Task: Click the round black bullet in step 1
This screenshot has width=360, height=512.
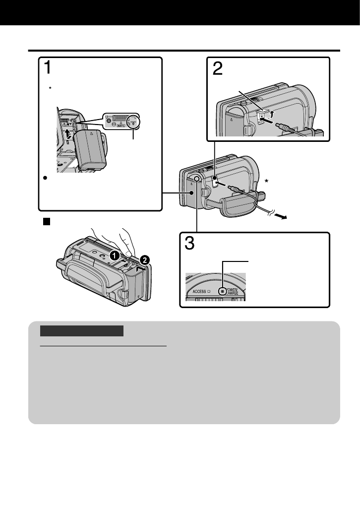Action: [x=44, y=177]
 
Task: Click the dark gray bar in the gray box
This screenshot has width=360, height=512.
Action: [x=81, y=331]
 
